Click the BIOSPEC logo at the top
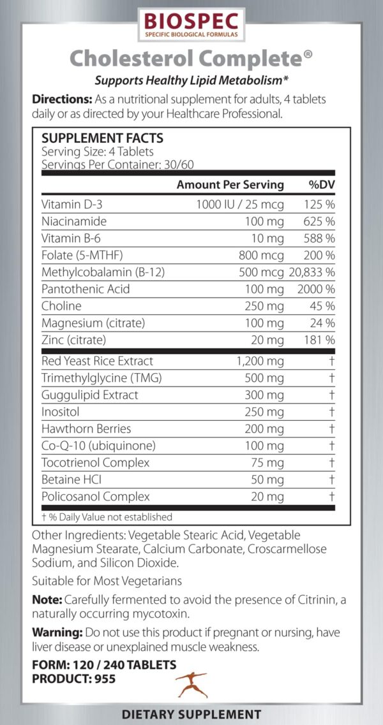(x=191, y=24)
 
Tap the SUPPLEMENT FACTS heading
(x=102, y=138)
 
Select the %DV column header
(x=322, y=185)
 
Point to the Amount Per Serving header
(x=230, y=185)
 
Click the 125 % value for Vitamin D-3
(x=320, y=205)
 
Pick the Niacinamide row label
(x=74, y=221)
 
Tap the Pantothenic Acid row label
(x=86, y=289)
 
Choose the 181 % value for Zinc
(x=320, y=340)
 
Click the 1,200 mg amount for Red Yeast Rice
(x=260, y=361)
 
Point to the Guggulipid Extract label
(x=89, y=395)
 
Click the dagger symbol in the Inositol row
(x=331, y=412)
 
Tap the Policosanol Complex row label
(x=95, y=496)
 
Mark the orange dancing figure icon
(x=190, y=684)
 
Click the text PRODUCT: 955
(x=74, y=679)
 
